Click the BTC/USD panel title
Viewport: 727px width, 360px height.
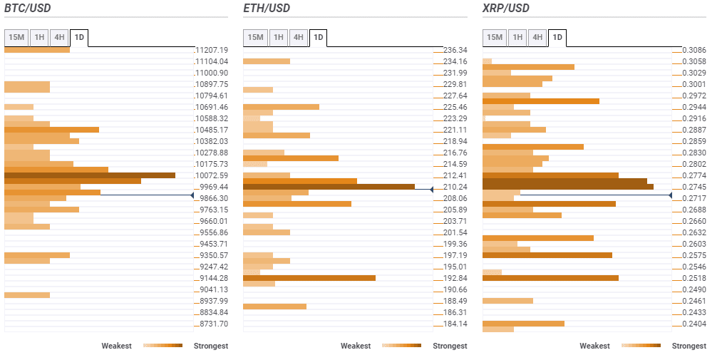pyautogui.click(x=29, y=9)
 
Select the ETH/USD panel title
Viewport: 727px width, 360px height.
pyautogui.click(x=267, y=9)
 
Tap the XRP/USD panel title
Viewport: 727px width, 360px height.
pyautogui.click(x=506, y=9)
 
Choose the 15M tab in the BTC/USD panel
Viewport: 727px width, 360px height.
pyautogui.click(x=16, y=37)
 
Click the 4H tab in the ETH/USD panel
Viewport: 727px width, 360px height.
pyautogui.click(x=298, y=37)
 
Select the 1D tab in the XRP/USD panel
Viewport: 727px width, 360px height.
pyautogui.click(x=557, y=37)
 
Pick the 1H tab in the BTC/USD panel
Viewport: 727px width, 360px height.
pyautogui.click(x=39, y=37)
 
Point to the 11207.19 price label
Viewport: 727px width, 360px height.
pyautogui.click(x=212, y=50)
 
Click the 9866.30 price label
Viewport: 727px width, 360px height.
pyautogui.click(x=212, y=198)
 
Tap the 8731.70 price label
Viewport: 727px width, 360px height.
pyautogui.click(x=212, y=324)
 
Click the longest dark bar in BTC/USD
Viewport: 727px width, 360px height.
pyautogui.click(x=90, y=175)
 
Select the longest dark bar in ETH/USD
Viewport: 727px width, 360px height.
pyautogui.click(x=329, y=187)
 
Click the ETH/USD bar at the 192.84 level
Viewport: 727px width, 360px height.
pyautogui.click(x=309, y=278)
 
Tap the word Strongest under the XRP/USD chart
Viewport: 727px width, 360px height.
pyautogui.click(x=689, y=346)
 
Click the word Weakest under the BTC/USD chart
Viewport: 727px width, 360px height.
pyautogui.click(x=116, y=346)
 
